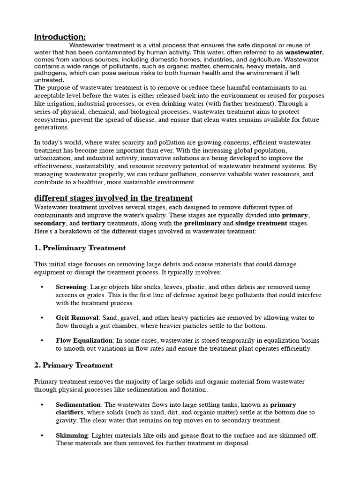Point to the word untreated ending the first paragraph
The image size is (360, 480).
[x=50, y=80]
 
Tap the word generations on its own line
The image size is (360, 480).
[x=52, y=127]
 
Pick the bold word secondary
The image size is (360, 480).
[x=50, y=223]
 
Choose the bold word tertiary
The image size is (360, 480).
[x=93, y=223]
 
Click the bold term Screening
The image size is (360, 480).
[x=71, y=287]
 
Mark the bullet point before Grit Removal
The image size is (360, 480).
[x=42, y=318]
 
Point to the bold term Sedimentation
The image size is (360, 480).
[x=78, y=404]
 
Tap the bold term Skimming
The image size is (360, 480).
[x=72, y=435]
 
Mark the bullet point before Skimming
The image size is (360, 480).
[x=42, y=435]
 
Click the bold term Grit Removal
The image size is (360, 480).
[x=77, y=318]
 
